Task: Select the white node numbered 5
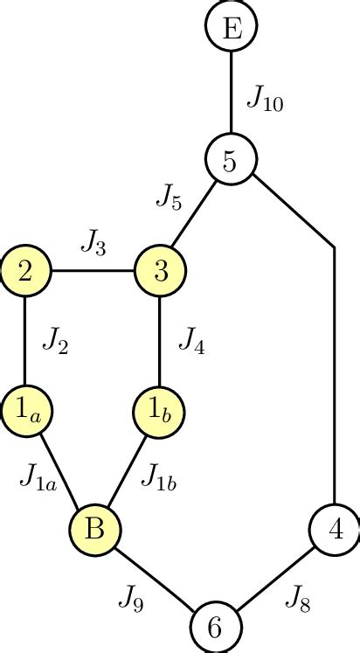coord(231,160)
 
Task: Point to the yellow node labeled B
coord(94,528)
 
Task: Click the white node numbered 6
coord(216,627)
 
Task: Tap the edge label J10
coord(264,97)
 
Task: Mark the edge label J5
coord(170,198)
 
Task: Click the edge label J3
coord(93,241)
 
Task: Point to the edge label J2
coord(55,342)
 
